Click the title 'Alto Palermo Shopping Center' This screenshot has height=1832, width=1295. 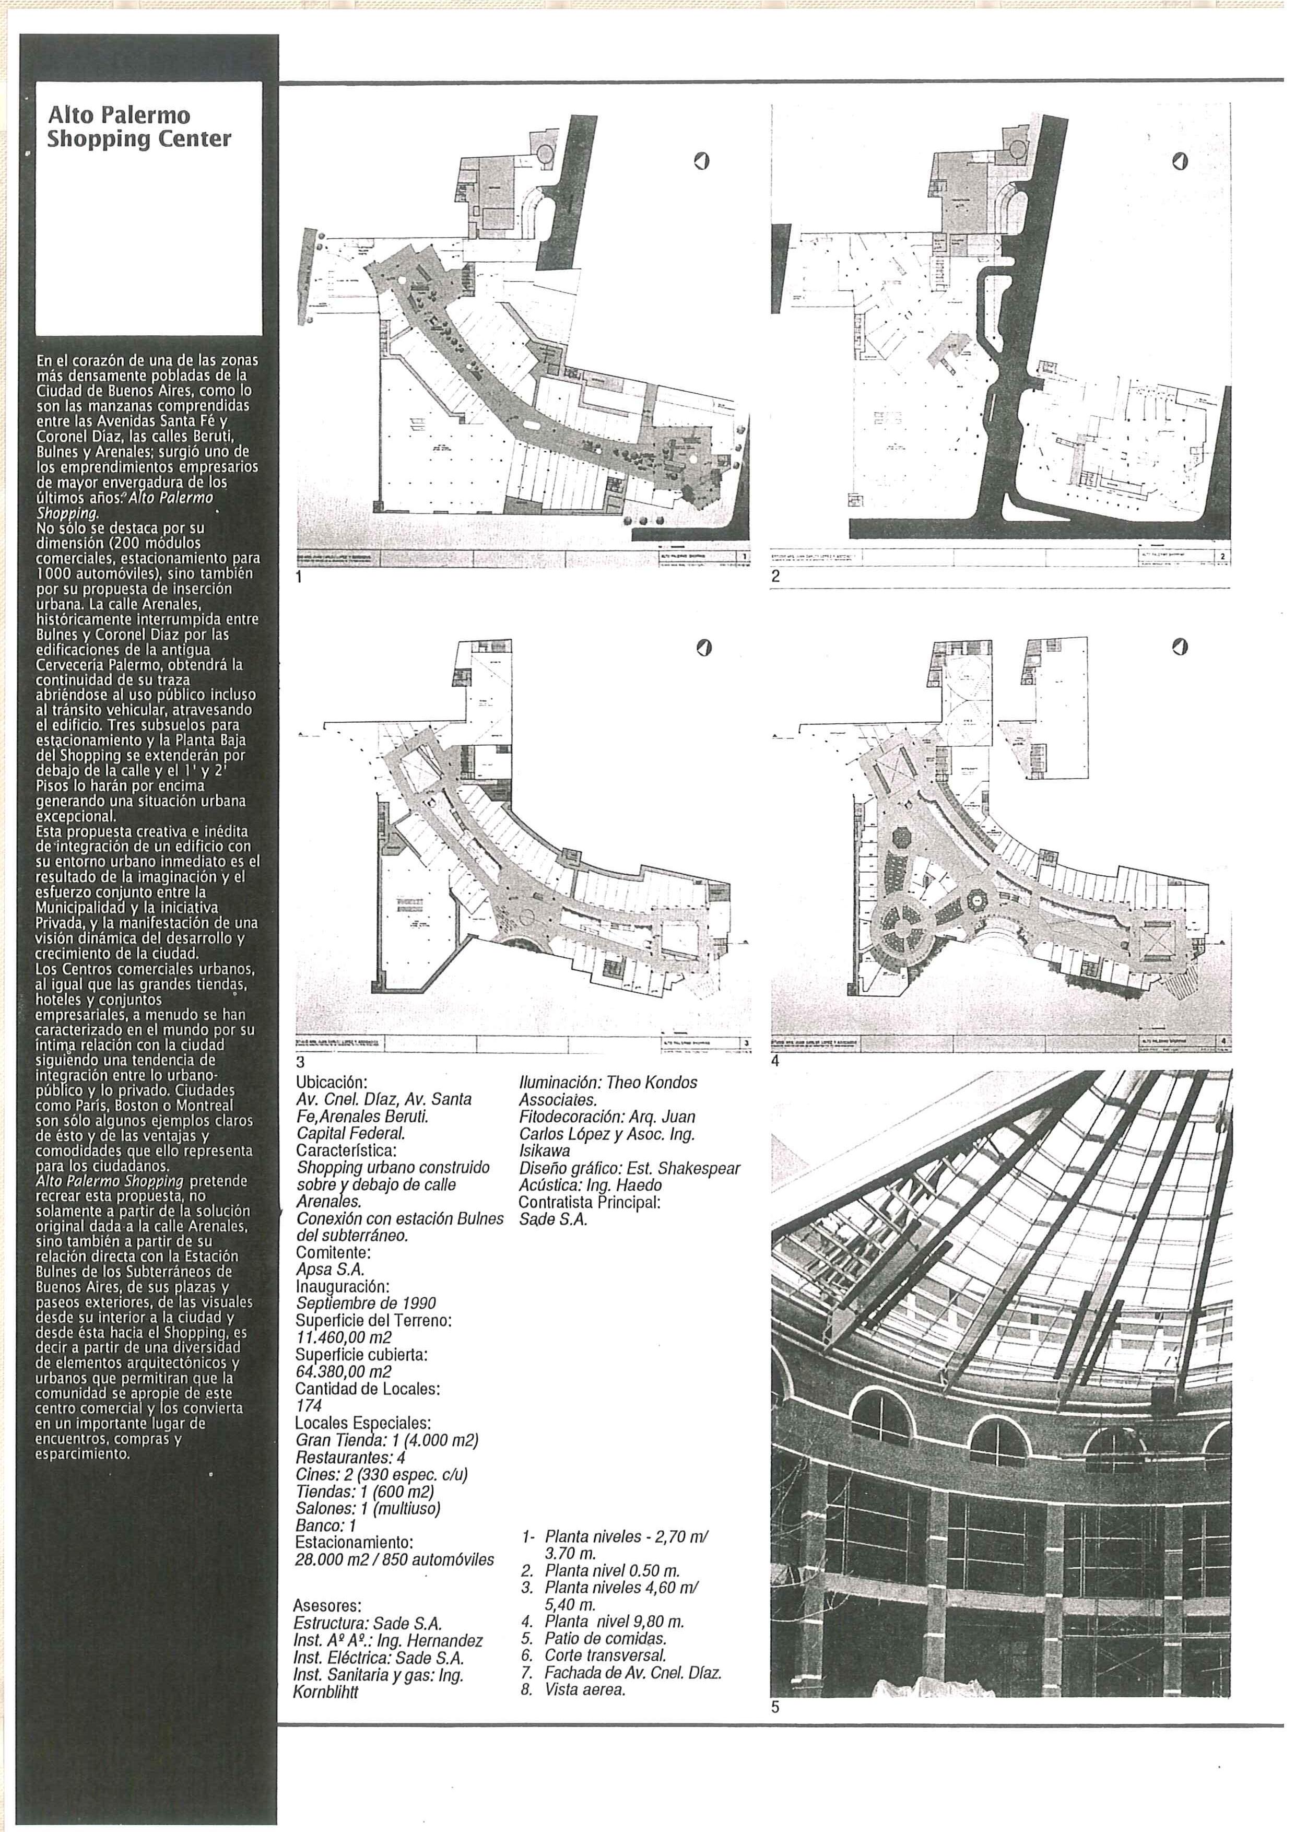[139, 127]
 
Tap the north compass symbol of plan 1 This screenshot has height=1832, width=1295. [701, 163]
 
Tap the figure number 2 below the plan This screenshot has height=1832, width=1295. [775, 577]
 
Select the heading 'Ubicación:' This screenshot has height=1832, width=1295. [331, 1083]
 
